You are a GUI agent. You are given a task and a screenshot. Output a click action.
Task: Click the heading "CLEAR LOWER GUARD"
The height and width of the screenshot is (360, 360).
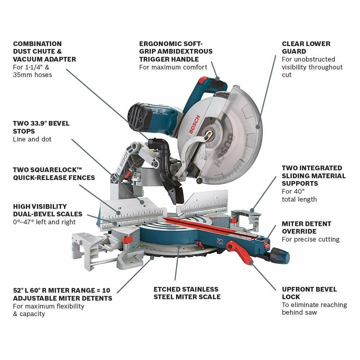pos(306,48)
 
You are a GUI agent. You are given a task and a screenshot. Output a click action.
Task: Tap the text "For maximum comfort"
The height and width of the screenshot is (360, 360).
pos(173,67)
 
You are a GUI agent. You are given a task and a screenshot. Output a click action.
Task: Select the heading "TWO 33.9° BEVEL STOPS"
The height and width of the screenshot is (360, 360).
pos(41,127)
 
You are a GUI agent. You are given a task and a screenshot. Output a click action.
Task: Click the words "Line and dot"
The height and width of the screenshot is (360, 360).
pos(32,139)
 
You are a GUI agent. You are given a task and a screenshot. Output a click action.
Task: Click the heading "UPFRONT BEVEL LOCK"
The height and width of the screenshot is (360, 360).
pos(309,293)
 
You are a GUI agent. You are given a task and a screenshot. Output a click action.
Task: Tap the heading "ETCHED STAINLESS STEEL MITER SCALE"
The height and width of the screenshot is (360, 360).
pos(187,293)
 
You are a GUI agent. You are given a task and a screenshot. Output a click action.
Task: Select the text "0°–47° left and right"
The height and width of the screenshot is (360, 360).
pos(44,222)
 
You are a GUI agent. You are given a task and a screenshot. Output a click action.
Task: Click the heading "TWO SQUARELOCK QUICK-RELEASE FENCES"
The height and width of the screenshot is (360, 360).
pos(54,174)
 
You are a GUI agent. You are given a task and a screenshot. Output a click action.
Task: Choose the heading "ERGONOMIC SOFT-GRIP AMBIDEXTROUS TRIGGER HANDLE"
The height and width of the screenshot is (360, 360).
pos(176,51)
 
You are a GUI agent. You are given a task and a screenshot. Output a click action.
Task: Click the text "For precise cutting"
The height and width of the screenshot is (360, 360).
pos(311,239)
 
